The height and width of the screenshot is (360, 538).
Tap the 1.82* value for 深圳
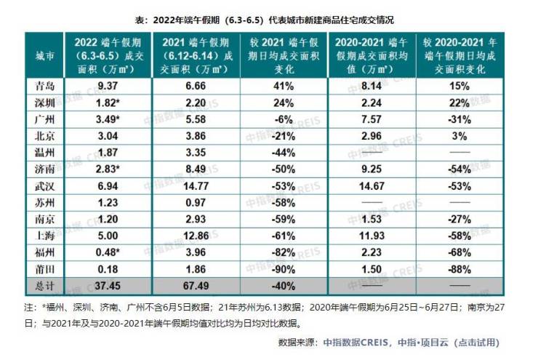point(108,101)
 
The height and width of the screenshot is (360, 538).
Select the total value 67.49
point(194,284)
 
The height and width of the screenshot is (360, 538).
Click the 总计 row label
point(44,284)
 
